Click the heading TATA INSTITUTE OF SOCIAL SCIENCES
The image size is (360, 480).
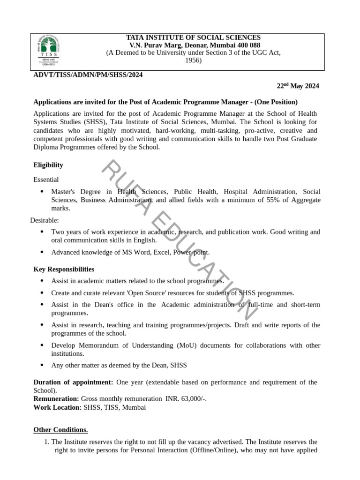pos(194,37)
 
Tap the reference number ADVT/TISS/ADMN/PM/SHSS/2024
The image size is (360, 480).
pos(88,75)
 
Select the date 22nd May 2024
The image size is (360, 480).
pos(298,86)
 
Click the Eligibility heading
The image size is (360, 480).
pos(48,165)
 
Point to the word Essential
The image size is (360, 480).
pos(46,179)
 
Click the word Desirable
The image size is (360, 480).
pos(45,220)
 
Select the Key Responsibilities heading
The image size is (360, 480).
pos(64,269)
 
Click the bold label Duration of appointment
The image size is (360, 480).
pos(73,382)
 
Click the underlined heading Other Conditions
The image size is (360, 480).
pos(60,430)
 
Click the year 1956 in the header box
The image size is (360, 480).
pos(193,60)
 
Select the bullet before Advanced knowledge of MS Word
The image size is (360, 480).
pos(42,252)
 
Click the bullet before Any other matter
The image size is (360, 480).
pos(42,365)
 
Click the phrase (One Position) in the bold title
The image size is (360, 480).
pos(274,102)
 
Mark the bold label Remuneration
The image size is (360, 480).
pos(56,398)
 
